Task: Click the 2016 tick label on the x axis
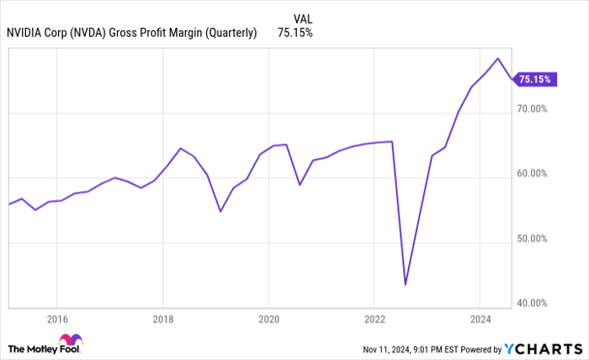[x=57, y=320]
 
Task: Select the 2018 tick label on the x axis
[x=163, y=320]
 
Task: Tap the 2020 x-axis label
[x=268, y=320]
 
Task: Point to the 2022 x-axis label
[x=374, y=320]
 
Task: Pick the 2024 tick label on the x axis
[x=480, y=320]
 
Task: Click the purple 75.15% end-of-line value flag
[x=535, y=80]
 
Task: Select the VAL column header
[x=304, y=17]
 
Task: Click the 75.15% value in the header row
[x=294, y=33]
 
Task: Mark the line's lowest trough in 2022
[x=406, y=284]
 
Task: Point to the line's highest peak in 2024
[x=498, y=58]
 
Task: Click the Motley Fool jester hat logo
[x=77, y=340]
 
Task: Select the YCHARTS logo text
[x=542, y=348]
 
